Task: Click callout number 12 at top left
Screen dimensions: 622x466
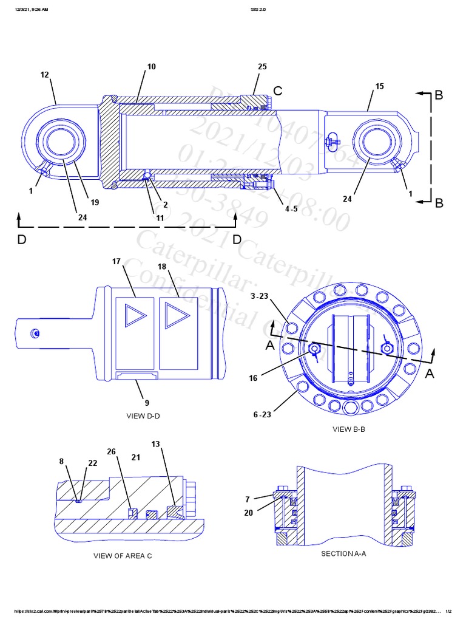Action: tap(44, 75)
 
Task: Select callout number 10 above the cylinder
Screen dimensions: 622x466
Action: tap(152, 66)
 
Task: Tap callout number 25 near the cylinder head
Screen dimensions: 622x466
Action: tap(262, 66)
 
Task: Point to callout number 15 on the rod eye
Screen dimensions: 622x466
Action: tap(379, 86)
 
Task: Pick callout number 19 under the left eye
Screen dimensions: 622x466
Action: tap(95, 202)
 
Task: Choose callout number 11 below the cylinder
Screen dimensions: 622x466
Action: tap(160, 217)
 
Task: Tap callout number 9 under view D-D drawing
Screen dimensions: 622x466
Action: tap(147, 402)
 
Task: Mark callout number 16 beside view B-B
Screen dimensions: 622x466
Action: tap(253, 378)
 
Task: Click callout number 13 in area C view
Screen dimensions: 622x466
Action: tap(156, 445)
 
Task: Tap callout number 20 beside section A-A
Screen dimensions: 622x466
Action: tap(248, 513)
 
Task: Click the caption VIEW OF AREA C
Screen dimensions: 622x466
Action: tap(123, 555)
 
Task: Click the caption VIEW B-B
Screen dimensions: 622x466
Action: tap(348, 429)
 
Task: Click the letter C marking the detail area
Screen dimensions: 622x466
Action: tap(277, 91)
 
